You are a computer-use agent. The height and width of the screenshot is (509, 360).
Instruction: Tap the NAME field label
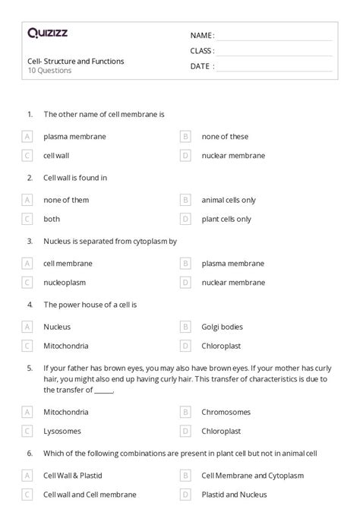point(202,36)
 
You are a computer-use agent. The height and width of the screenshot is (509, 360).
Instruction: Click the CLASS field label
point(202,51)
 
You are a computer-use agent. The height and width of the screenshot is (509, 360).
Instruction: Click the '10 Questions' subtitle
point(49,71)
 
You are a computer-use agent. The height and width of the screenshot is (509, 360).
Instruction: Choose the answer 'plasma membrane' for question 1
point(74,137)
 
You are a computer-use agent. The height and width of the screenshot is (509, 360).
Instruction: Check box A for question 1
point(27,137)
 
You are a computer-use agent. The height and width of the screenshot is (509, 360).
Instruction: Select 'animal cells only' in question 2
point(229,201)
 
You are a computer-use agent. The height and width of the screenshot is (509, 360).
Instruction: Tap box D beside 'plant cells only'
point(185,219)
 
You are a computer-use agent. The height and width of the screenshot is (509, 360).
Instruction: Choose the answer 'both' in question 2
point(52,219)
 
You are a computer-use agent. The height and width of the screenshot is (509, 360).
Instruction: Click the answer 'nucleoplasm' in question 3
point(65,282)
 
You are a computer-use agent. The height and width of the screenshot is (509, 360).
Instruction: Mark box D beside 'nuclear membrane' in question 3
point(185,282)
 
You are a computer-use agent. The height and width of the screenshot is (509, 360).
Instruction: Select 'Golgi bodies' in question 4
point(223,327)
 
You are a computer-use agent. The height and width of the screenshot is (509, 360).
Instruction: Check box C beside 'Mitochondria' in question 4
point(27,345)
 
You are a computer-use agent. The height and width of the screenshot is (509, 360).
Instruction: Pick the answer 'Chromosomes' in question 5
point(225,413)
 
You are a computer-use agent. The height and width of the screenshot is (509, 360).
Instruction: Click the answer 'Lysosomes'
point(62,431)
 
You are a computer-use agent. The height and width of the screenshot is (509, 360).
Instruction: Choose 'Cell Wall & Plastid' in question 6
point(73,476)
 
